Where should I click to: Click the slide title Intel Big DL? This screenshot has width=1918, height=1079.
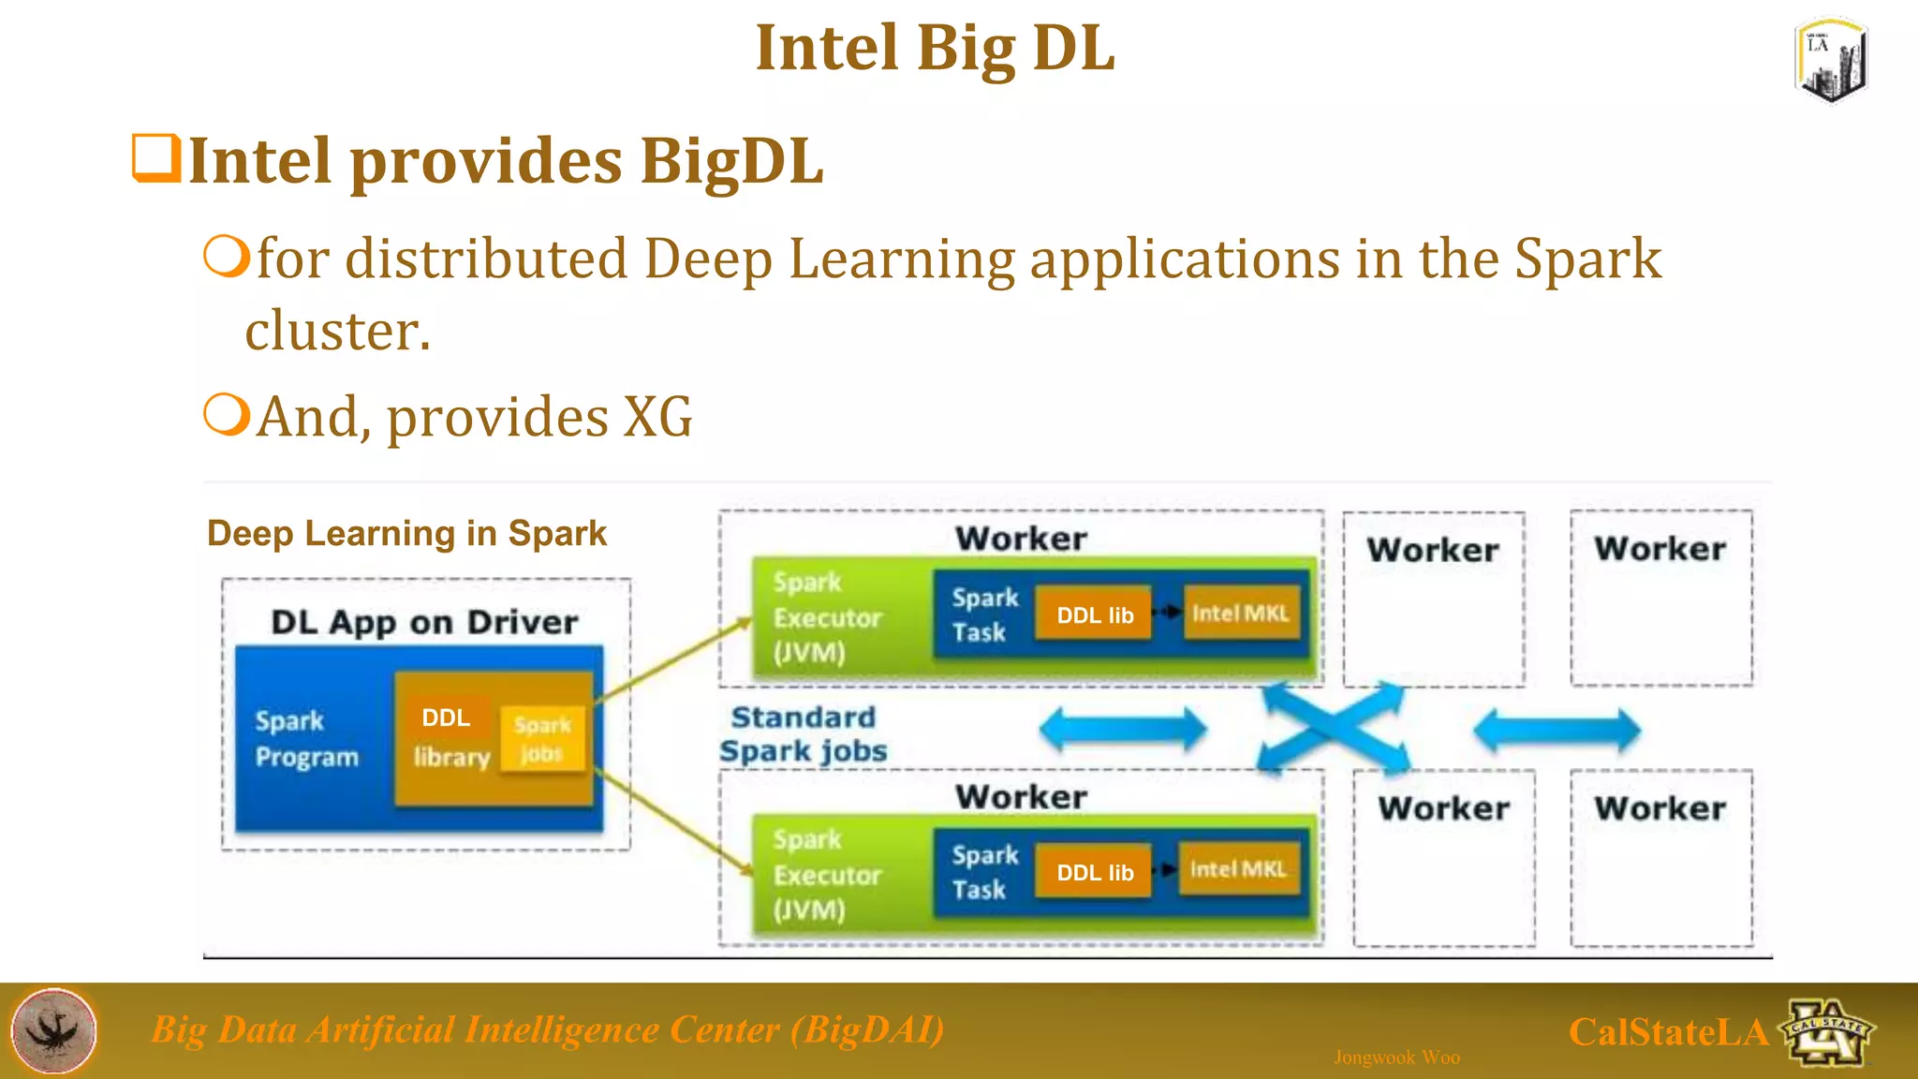tap(935, 49)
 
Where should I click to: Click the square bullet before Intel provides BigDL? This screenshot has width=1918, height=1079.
tap(155, 158)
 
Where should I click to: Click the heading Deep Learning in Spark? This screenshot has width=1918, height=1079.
tap(406, 534)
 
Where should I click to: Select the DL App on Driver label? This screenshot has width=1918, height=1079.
tap(424, 622)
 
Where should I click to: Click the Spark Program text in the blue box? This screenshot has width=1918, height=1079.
tap(306, 738)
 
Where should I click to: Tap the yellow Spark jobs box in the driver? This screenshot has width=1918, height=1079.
tap(542, 739)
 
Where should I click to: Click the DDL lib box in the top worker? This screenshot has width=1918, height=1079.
tap(1094, 615)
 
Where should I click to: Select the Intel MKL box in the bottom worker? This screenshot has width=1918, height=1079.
tap(1237, 870)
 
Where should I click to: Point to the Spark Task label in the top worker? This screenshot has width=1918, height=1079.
tap(983, 614)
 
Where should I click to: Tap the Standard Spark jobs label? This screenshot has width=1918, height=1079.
tap(804, 734)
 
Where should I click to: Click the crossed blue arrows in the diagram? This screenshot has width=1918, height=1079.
tap(1333, 728)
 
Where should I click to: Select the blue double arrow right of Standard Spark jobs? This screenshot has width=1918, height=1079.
tap(1123, 729)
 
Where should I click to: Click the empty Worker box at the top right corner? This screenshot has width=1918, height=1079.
tap(1660, 599)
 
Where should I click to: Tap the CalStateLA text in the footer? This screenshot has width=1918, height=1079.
tap(1668, 1032)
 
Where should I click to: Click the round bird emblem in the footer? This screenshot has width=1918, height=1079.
tap(53, 1030)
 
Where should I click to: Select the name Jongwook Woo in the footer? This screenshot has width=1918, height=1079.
tap(1396, 1057)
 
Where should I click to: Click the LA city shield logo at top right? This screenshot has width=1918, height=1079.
tap(1832, 60)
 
